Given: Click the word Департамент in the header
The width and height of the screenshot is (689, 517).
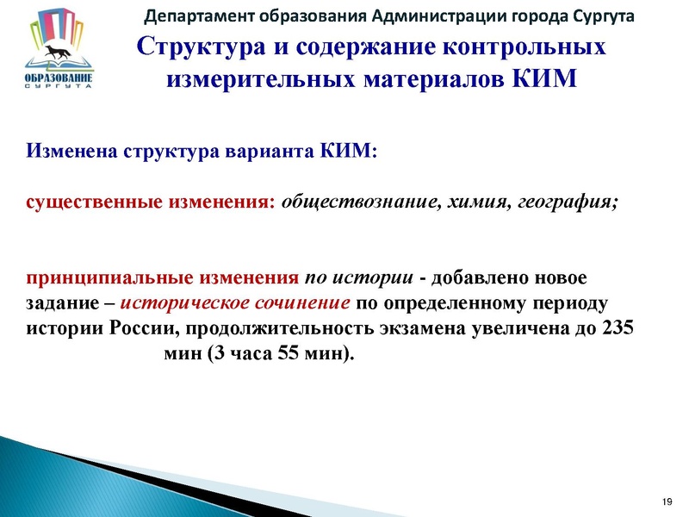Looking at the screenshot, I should [x=187, y=16].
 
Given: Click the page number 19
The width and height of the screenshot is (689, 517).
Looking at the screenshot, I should [x=666, y=501].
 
